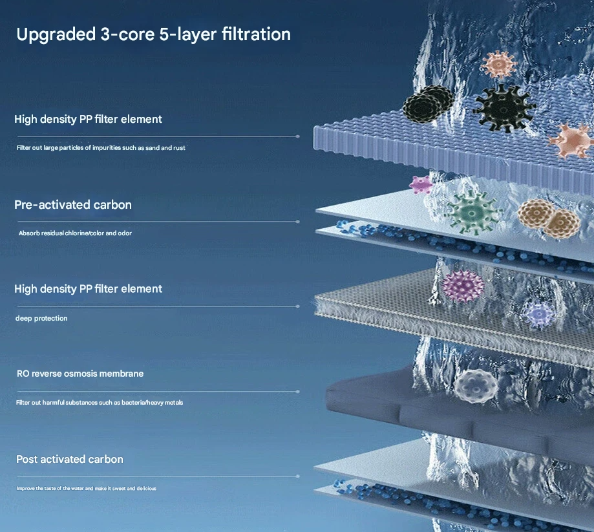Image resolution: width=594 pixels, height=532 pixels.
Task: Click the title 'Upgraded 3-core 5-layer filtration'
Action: tap(153, 35)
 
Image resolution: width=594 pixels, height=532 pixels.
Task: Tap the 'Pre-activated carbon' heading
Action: tap(73, 205)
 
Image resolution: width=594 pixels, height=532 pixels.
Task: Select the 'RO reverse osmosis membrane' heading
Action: tap(80, 374)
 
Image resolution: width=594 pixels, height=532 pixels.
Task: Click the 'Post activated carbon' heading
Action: tap(70, 459)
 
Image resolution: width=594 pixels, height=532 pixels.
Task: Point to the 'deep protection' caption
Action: tap(41, 318)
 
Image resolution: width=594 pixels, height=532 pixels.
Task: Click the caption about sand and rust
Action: tap(101, 148)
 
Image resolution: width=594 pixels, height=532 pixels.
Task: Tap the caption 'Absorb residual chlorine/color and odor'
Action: tap(75, 233)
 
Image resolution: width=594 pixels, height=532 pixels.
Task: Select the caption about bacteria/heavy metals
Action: tap(100, 403)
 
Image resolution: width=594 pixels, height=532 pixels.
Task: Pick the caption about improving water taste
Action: tap(87, 489)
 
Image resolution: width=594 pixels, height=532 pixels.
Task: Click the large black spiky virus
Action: tap(504, 109)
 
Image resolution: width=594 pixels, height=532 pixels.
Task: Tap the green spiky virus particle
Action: tap(472, 213)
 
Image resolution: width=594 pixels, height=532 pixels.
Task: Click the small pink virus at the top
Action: tap(498, 64)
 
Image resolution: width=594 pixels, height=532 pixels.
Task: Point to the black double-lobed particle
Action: tap(427, 103)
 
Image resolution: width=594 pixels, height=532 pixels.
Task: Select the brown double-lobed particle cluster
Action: tap(549, 218)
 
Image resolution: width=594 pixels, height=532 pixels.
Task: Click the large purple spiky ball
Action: tap(463, 286)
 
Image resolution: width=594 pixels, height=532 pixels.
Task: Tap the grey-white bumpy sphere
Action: tap(476, 385)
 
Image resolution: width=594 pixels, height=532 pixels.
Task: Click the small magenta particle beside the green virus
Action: tap(421, 185)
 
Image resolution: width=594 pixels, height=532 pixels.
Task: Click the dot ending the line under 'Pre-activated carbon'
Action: tap(298, 222)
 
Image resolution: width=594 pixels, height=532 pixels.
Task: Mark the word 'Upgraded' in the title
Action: tap(56, 35)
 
